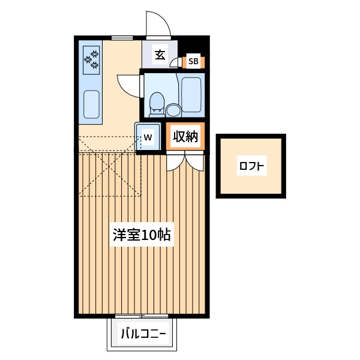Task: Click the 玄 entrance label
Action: (x=160, y=55)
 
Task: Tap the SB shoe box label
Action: (x=193, y=61)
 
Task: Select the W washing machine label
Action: (x=148, y=137)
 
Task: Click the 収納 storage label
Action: (x=185, y=137)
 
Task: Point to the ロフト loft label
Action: (x=251, y=166)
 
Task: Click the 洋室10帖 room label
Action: (x=142, y=235)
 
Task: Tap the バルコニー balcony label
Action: (x=143, y=334)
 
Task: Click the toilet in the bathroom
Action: (x=157, y=104)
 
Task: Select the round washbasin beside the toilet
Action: (x=173, y=110)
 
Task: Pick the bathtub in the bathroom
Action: (x=191, y=95)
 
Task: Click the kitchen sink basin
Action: (x=91, y=104)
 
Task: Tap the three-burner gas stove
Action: (x=91, y=60)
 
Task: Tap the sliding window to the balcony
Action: (x=142, y=316)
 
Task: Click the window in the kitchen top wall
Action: (x=122, y=38)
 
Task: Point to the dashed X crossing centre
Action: (x=110, y=166)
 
